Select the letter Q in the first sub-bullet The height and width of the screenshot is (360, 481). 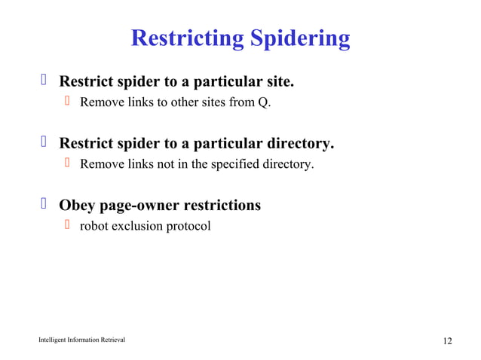click(263, 103)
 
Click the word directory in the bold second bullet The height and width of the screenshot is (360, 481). click(298, 143)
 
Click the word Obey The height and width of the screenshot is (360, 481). click(77, 205)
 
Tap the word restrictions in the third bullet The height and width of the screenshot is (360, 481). click(223, 205)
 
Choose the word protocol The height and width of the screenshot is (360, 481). click(189, 226)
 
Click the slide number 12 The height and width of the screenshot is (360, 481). click(447, 341)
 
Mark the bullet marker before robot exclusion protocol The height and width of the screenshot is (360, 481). click(67, 225)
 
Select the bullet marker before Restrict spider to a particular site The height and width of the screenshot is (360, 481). click(43, 80)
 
